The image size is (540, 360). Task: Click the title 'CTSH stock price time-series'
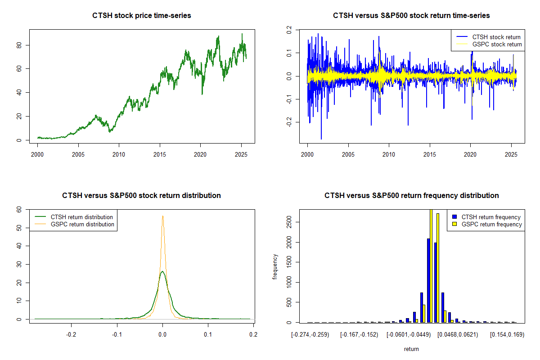click(x=142, y=16)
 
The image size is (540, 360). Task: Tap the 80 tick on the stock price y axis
click(x=18, y=45)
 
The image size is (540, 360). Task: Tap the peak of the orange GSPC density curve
click(x=162, y=216)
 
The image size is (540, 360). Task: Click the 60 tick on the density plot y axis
click(x=18, y=209)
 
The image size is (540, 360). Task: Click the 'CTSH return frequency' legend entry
click(x=491, y=217)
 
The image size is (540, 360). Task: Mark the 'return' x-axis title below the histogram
click(x=411, y=349)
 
